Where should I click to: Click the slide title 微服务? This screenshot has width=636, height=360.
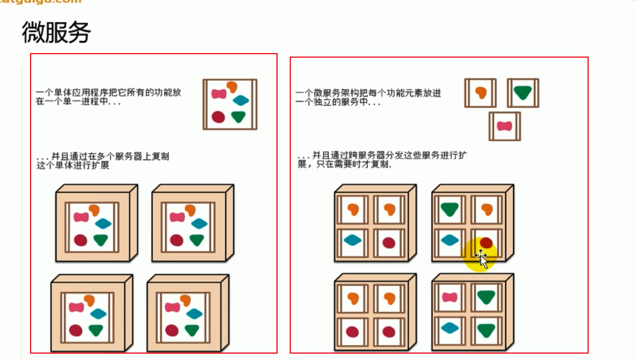click(56, 33)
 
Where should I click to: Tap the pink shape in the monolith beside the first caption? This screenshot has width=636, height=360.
click(218, 93)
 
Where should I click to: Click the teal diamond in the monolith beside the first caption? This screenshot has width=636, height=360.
click(241, 100)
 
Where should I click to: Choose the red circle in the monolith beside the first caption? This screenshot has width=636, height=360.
click(218, 117)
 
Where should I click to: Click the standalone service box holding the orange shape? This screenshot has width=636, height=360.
click(480, 93)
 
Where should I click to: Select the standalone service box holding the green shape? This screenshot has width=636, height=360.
click(522, 93)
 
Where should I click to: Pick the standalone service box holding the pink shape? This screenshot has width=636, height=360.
click(504, 126)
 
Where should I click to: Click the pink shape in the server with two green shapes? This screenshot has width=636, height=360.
click(450, 297)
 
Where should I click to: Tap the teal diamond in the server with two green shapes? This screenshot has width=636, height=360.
click(450, 328)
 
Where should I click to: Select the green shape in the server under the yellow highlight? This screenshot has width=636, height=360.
click(450, 208)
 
